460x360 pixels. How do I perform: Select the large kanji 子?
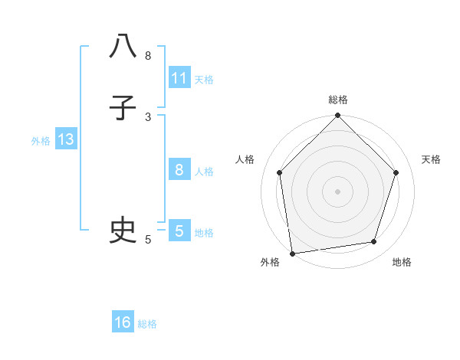[123, 108]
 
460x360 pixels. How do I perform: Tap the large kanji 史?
[123, 230]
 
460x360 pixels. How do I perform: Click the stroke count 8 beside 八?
[148, 56]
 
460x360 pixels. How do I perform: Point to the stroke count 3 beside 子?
[148, 117]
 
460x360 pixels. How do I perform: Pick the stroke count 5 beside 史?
[148, 240]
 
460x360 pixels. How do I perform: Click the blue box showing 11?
[179, 78]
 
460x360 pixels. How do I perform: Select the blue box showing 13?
[65, 139]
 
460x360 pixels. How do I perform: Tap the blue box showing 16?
[123, 322]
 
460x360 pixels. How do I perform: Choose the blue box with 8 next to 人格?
[179, 170]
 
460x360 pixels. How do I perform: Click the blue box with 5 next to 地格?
[179, 231]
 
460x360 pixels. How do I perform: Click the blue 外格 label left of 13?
[41, 141]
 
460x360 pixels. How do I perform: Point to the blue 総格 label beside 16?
[147, 324]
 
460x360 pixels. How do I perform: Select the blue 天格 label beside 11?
[204, 80]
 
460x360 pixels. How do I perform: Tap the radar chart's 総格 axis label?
[337, 100]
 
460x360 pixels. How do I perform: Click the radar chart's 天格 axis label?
[431, 159]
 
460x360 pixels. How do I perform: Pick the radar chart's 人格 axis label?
[245, 159]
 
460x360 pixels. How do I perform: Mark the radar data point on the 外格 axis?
[292, 253]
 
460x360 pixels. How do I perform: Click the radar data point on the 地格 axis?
[374, 242]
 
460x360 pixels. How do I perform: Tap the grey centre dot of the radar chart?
[337, 191]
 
